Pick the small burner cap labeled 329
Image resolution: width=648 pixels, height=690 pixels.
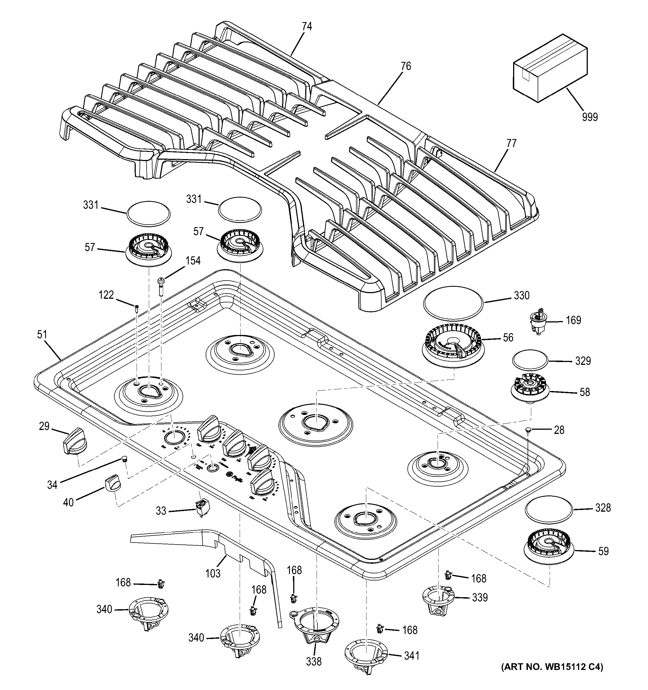pos(530,360)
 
